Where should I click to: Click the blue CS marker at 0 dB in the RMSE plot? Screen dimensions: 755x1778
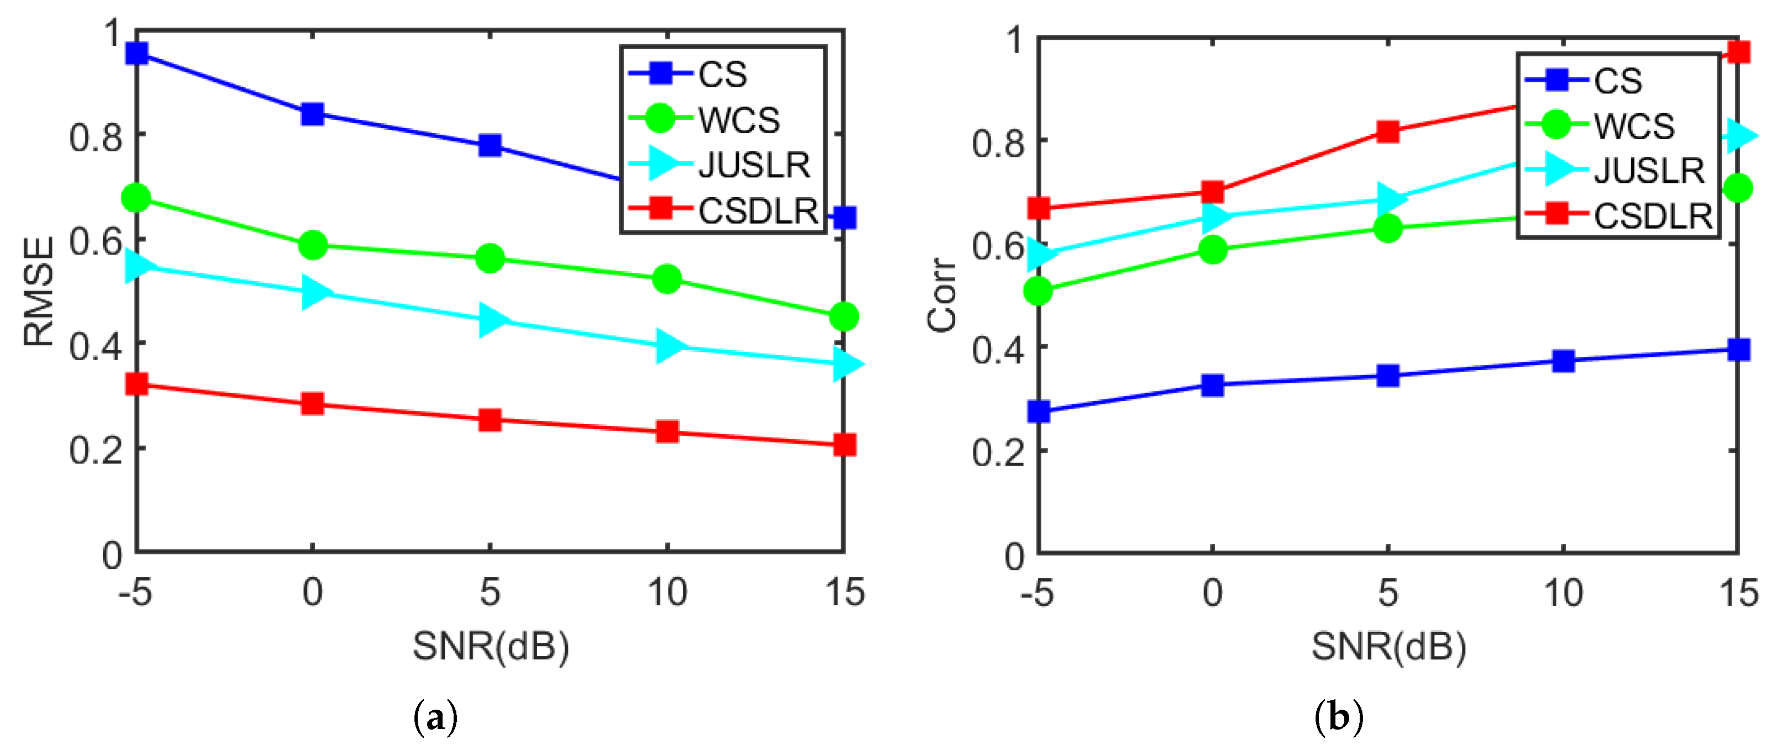[313, 114]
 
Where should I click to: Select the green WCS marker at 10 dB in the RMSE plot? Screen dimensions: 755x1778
[667, 279]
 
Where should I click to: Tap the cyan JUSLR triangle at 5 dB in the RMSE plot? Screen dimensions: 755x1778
[492, 319]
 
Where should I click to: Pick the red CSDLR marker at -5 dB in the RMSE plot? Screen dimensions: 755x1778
[137, 384]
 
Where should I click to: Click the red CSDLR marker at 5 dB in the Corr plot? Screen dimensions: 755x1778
[1388, 131]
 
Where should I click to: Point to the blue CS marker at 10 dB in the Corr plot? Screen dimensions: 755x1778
[1563, 361]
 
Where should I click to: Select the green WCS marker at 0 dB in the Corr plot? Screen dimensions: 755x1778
[1213, 249]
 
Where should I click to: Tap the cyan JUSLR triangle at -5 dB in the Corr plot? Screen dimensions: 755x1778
[1040, 254]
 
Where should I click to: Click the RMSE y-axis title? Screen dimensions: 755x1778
[39, 292]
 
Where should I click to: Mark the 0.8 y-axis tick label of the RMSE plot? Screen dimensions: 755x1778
[95, 138]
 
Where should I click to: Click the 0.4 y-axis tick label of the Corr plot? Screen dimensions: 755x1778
[998, 350]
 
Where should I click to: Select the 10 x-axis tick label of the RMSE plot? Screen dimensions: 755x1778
[667, 593]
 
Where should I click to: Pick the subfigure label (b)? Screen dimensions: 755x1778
[1338, 717]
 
